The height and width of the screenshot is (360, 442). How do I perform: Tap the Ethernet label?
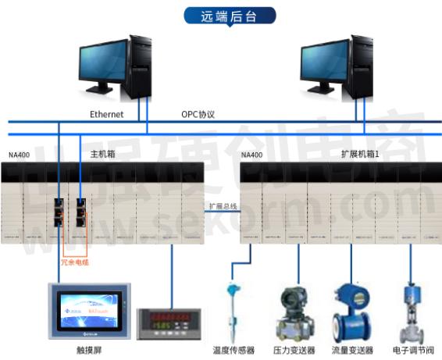(106, 114)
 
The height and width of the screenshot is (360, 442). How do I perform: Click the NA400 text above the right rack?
(251, 155)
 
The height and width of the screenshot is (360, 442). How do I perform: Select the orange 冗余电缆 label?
(75, 262)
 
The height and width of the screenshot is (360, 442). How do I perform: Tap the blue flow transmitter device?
(351, 309)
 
